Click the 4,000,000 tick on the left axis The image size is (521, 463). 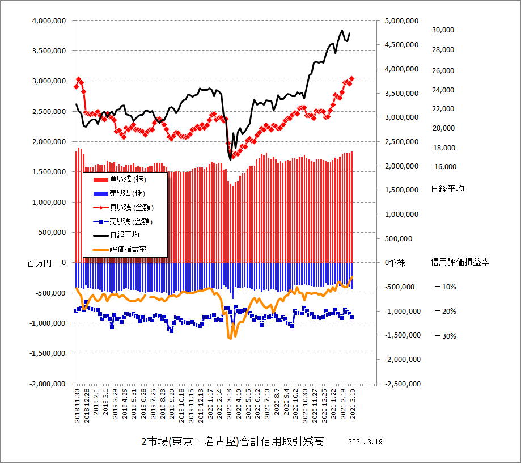[x=49, y=20]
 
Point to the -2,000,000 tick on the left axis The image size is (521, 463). [x=48, y=384]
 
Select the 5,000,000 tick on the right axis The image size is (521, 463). [x=402, y=20]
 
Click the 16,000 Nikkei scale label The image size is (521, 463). [x=444, y=167]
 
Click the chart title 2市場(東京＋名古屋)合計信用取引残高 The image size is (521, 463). [x=232, y=442]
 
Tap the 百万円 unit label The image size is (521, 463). [x=39, y=263]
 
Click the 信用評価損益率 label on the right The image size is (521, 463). [x=460, y=262]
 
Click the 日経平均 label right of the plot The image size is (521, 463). [x=447, y=189]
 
